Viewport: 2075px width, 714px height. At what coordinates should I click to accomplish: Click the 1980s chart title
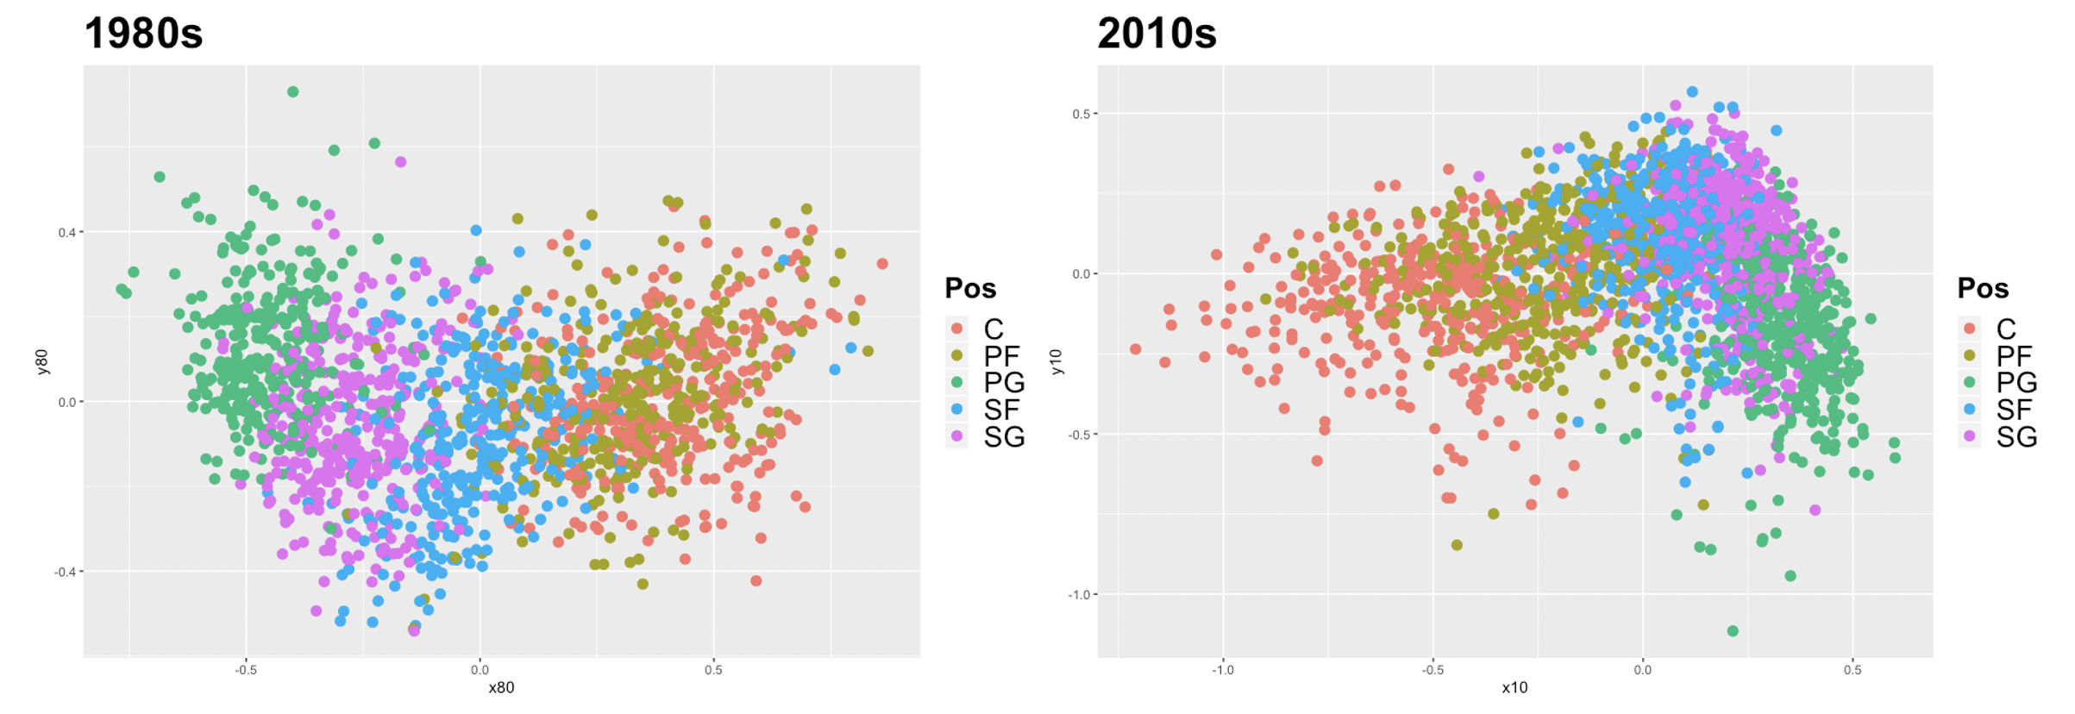[x=143, y=34]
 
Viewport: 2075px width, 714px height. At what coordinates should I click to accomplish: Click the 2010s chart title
[x=1156, y=34]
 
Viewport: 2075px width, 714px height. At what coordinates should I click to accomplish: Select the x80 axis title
[x=501, y=688]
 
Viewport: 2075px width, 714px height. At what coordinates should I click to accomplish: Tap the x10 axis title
[x=1514, y=688]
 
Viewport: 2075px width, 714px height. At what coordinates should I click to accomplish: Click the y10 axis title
[x=1056, y=362]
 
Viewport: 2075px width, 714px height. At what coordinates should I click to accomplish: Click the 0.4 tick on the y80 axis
[x=67, y=233]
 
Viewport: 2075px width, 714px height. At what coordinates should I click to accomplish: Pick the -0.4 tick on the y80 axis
[x=66, y=572]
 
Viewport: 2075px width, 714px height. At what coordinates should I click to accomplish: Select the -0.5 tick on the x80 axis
[x=246, y=670]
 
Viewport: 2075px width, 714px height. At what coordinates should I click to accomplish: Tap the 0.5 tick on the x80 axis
[x=713, y=670]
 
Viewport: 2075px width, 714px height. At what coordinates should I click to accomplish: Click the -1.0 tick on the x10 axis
[x=1222, y=670]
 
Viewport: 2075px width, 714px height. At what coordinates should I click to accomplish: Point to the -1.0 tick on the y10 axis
[x=1079, y=595]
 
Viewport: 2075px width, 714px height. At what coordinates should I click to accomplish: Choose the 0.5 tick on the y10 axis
[x=1082, y=114]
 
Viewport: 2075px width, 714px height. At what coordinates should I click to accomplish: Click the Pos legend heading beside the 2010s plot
[x=1983, y=288]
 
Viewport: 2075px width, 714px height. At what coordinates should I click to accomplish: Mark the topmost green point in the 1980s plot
[x=293, y=91]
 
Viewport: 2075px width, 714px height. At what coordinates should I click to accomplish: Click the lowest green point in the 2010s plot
[x=1733, y=631]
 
